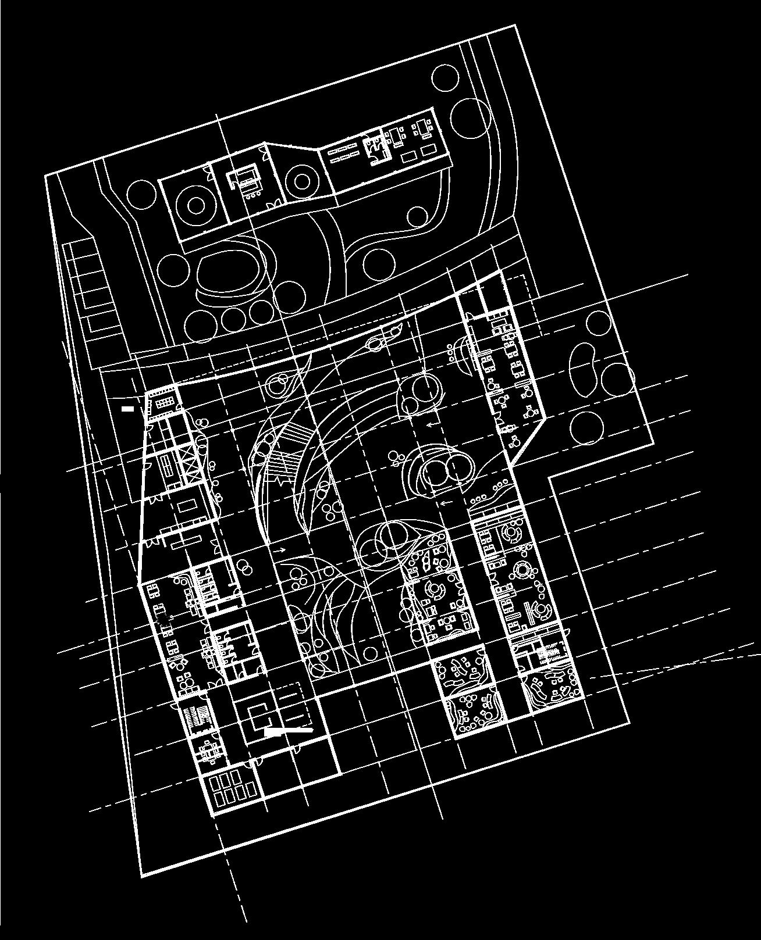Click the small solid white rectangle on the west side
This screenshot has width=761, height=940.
click(x=127, y=409)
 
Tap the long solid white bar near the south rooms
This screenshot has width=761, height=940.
click(x=289, y=731)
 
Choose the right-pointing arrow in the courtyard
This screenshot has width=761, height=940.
click(x=279, y=549)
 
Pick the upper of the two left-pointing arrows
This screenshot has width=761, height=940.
click(x=432, y=425)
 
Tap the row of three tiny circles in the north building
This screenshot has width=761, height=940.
click(x=252, y=196)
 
